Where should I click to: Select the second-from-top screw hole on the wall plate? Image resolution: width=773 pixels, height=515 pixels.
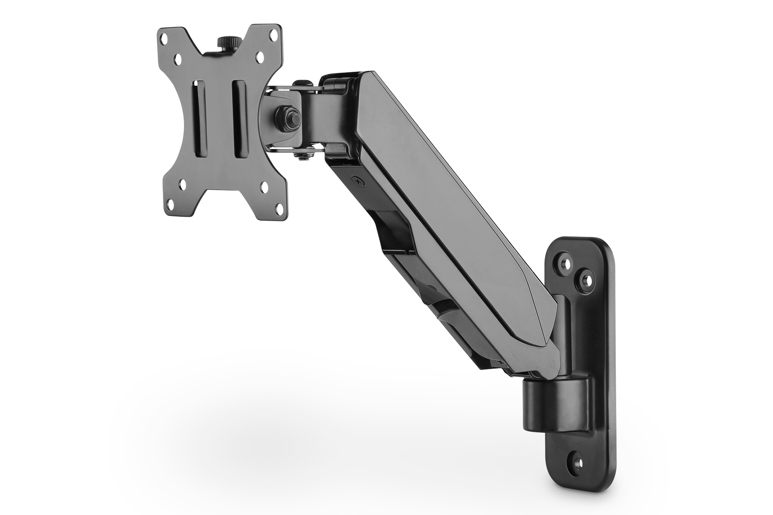(x=586, y=279)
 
